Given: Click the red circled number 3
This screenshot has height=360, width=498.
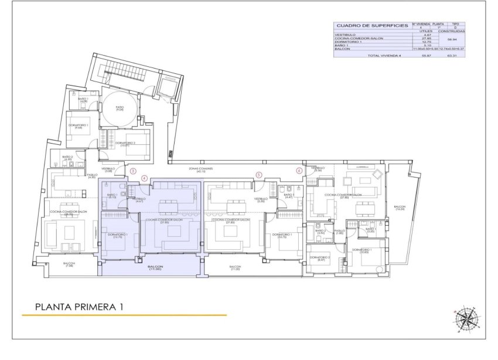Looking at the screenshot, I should point(133,172).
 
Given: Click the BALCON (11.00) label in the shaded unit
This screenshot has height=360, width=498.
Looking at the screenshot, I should point(155,268).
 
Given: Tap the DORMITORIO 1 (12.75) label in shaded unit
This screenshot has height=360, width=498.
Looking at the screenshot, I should point(118,236).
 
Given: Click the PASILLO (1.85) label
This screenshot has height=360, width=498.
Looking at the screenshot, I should point(339,232).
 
